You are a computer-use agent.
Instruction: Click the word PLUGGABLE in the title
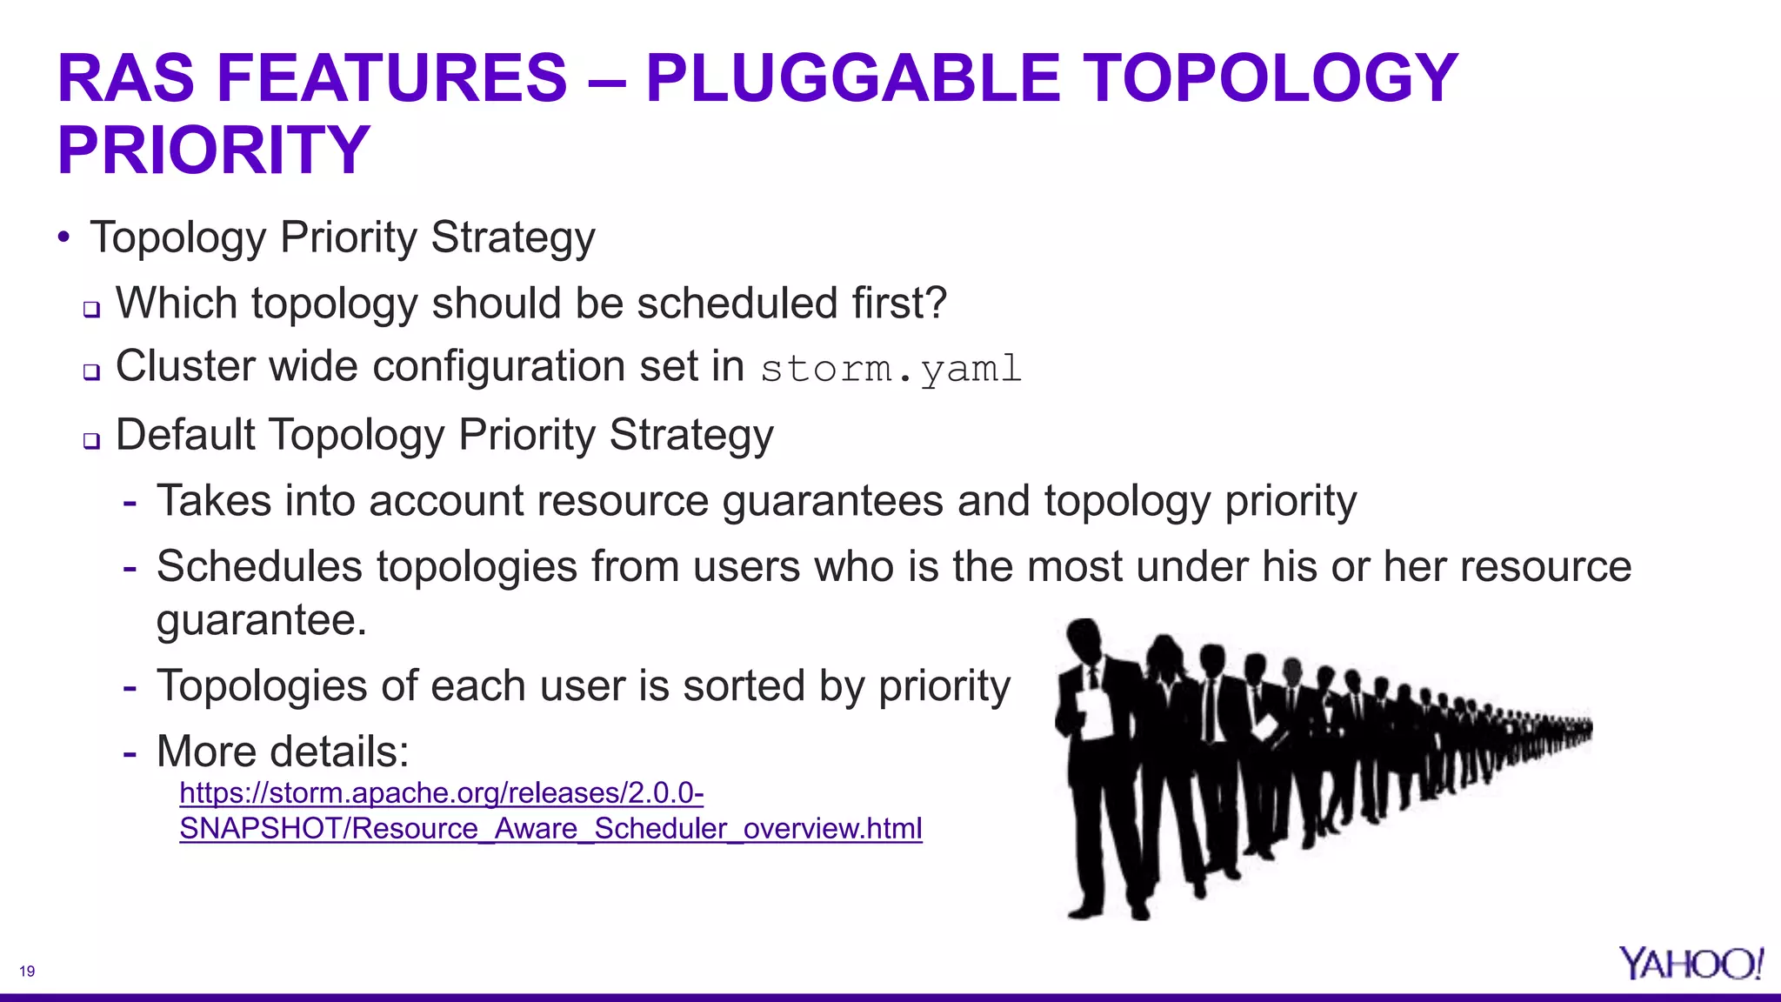(x=852, y=78)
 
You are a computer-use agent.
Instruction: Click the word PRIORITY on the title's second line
(x=214, y=150)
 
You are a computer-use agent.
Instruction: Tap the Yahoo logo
(x=1690, y=964)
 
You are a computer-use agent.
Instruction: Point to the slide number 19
(x=27, y=972)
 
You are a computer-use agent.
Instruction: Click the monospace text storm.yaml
(x=890, y=369)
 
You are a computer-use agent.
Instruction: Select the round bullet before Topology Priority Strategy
(x=63, y=237)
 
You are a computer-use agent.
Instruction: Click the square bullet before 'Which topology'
(x=92, y=309)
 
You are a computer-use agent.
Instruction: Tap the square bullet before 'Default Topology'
(x=92, y=440)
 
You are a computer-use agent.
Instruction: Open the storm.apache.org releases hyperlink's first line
(x=441, y=793)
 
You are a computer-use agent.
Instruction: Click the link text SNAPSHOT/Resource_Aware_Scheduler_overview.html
(x=550, y=829)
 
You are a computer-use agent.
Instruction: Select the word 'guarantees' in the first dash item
(x=832, y=502)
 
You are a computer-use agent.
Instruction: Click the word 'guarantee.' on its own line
(x=262, y=621)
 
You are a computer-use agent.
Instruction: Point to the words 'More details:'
(x=283, y=751)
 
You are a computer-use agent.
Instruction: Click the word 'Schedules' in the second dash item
(x=259, y=567)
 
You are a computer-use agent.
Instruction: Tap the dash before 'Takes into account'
(x=130, y=503)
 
